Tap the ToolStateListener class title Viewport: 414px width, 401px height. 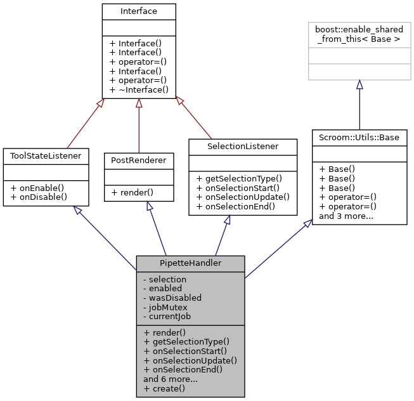[46, 155]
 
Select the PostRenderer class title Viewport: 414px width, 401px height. [139, 161]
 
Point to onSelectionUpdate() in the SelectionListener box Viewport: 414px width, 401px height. [243, 197]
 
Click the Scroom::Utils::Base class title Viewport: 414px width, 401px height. [359, 138]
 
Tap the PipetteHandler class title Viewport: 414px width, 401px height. [190, 263]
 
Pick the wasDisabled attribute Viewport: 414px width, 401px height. [172, 297]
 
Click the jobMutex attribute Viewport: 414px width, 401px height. [166, 306]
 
